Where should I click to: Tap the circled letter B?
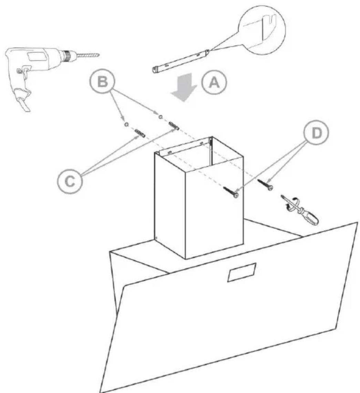click(102, 81)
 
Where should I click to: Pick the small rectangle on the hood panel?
click(242, 272)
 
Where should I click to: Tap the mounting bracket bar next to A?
click(181, 61)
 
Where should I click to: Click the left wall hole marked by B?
click(126, 124)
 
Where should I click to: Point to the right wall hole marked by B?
click(160, 117)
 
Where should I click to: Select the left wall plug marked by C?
click(140, 133)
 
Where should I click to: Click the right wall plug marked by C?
click(174, 125)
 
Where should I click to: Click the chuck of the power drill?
click(69, 56)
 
